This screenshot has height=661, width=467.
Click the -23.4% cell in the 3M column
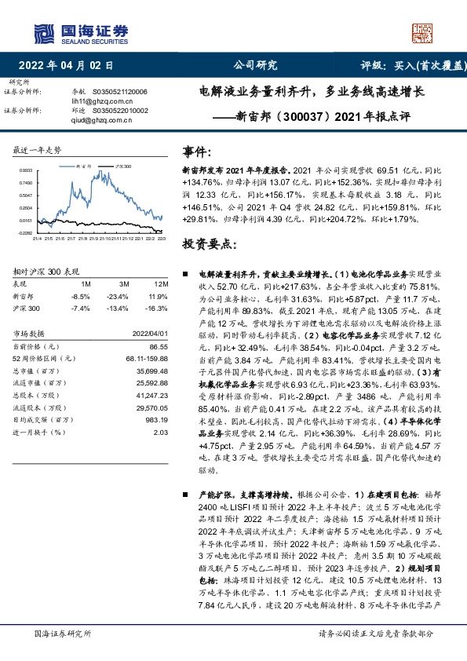(x=119, y=297)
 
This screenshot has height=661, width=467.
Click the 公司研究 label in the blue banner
(x=256, y=65)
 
